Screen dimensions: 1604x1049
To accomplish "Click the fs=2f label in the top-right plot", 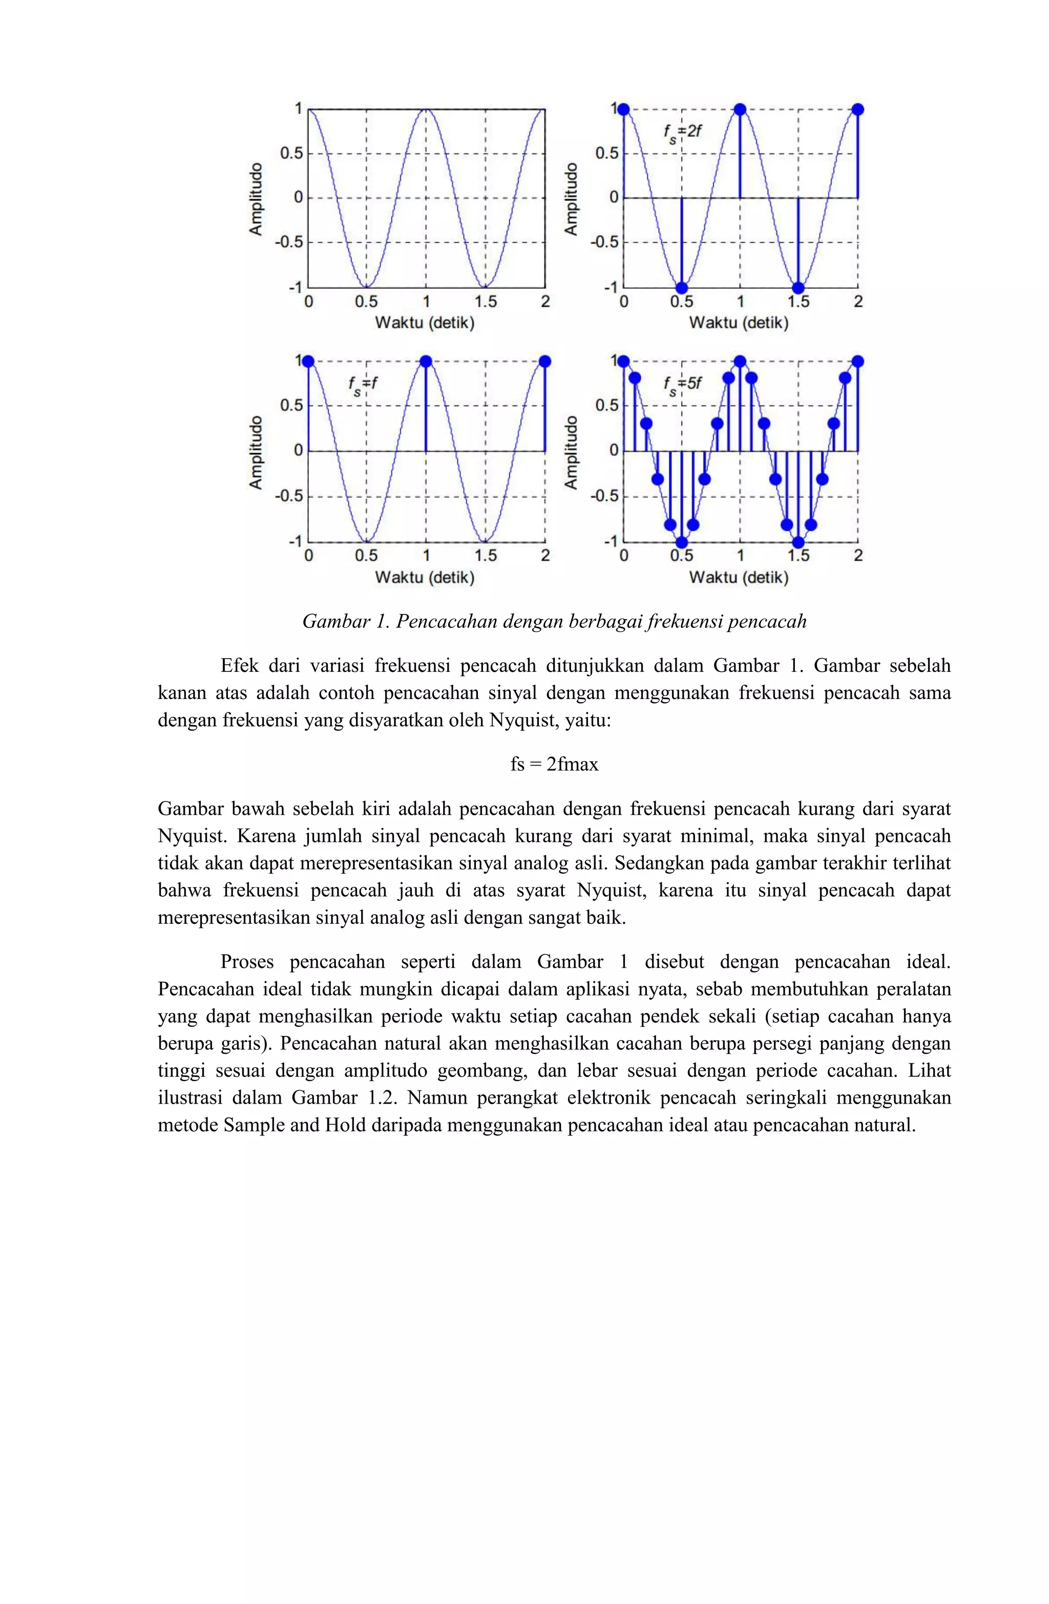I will (x=682, y=132).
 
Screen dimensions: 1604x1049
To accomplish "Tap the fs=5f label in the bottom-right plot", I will (x=682, y=385).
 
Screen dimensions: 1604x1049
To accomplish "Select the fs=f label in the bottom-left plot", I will (x=363, y=385).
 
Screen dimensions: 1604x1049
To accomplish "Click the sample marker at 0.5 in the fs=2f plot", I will (x=682, y=288).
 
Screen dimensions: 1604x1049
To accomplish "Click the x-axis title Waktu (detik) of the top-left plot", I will (x=425, y=323).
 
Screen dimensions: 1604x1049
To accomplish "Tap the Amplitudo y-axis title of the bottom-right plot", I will (x=572, y=452).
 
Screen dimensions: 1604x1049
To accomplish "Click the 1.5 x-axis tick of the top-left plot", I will (x=485, y=302).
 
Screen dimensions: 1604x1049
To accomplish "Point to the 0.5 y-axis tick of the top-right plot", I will (x=606, y=154).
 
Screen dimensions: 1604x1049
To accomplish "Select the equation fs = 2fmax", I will (x=554, y=764).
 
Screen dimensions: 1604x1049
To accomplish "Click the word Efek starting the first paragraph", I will (x=239, y=666).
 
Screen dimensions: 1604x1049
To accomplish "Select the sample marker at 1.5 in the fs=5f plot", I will (x=798, y=542).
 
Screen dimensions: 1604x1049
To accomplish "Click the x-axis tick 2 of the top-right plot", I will (x=857, y=302).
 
